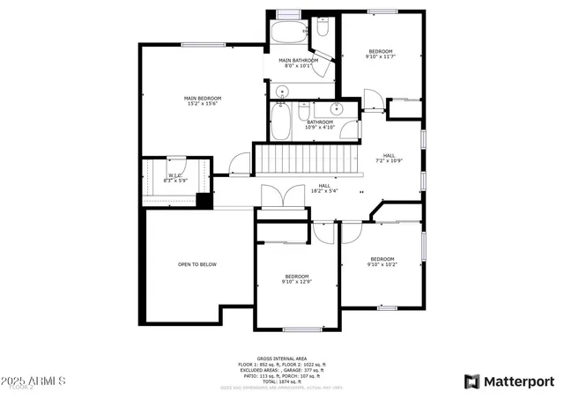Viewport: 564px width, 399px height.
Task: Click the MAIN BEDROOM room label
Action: pyautogui.click(x=202, y=98)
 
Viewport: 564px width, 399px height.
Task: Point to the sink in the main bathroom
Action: pyautogui.click(x=283, y=91)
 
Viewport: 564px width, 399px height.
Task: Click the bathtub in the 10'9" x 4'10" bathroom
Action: pyautogui.click(x=282, y=123)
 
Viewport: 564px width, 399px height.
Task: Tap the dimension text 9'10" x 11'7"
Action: pyautogui.click(x=381, y=57)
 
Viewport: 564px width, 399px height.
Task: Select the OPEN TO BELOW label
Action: pyautogui.click(x=197, y=264)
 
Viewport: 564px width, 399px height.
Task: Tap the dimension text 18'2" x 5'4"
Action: pyautogui.click(x=324, y=191)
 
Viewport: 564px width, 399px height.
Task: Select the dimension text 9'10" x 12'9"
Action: pyautogui.click(x=297, y=283)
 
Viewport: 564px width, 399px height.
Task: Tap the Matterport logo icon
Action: pyautogui.click(x=472, y=381)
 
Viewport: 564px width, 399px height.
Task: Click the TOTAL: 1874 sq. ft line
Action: pyautogui.click(x=281, y=381)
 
